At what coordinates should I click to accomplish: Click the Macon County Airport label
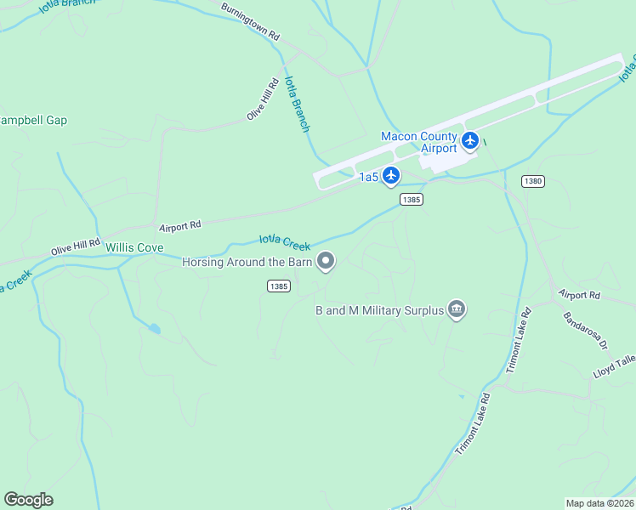419,142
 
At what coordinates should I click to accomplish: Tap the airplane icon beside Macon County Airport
470,139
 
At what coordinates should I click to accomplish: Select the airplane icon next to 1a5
391,176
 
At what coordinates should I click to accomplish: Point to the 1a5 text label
368,177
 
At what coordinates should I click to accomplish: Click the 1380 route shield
533,181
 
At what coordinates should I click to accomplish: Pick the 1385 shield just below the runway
412,199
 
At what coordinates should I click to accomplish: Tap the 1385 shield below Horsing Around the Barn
278,286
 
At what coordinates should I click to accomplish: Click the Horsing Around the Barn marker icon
326,262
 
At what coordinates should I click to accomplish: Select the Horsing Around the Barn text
247,262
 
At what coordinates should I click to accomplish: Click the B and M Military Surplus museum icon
457,309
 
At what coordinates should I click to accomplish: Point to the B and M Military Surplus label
380,310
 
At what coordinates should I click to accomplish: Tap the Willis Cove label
134,247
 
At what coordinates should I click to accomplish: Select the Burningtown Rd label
250,22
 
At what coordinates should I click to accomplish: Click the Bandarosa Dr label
586,332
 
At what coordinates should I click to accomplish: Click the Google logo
29,500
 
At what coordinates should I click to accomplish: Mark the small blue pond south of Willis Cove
153,328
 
